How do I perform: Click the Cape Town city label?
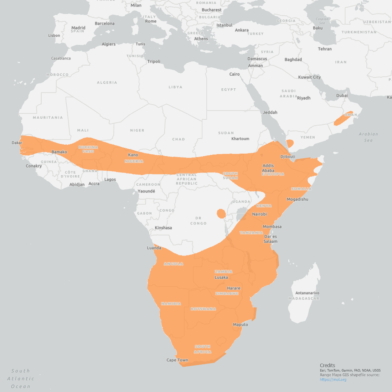pos(177,360)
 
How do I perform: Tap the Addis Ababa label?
pos(268,168)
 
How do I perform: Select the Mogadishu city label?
pos(297,199)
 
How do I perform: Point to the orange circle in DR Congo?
pos(221,213)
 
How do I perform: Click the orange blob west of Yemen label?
pos(290,144)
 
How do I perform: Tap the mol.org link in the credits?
pos(333,380)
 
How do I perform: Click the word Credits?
pos(327,365)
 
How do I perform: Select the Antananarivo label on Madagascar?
pos(307,293)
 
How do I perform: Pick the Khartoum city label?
pos(240,139)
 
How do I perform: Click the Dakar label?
pos(17,143)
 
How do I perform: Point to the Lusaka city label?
pos(221,277)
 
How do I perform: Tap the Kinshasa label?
pos(163,228)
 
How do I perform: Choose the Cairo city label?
pos(234,74)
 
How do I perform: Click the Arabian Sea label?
pos(368,137)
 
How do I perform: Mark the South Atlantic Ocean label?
pos(21,378)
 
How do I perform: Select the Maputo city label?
pos(240,324)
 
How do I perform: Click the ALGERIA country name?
pos(107,82)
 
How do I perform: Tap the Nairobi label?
pos(259,214)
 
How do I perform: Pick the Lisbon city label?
pos(54,35)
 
